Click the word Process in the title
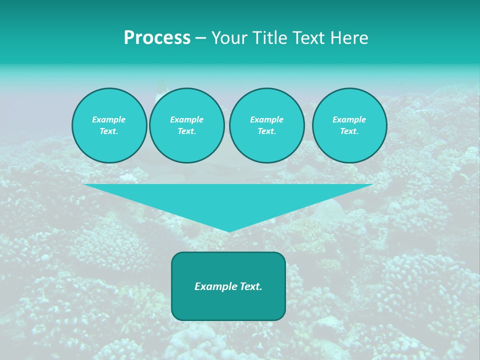[157, 38]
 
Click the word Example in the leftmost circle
[108, 120]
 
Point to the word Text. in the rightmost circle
[349, 131]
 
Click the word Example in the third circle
[266, 120]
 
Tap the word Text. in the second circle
[186, 131]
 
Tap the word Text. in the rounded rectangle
[250, 286]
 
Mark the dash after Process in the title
[200, 38]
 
